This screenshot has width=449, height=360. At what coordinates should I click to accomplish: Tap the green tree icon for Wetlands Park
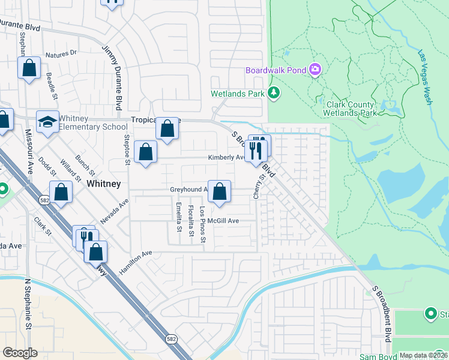(x=274, y=93)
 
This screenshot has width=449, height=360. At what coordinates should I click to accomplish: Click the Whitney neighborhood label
(x=104, y=184)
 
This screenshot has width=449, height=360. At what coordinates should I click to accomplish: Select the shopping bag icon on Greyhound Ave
(x=220, y=192)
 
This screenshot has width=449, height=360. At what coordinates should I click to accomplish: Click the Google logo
(x=20, y=353)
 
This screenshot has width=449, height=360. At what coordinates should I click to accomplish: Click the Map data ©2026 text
(x=423, y=355)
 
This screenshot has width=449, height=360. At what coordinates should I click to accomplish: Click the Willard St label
(x=70, y=170)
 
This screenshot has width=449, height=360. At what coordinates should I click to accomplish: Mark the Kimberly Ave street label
(x=226, y=158)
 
